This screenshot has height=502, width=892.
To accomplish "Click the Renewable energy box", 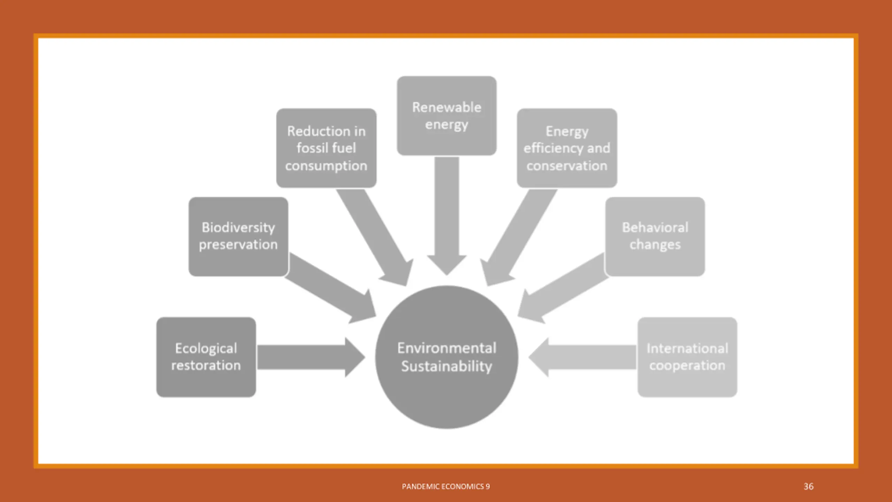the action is coord(446,115).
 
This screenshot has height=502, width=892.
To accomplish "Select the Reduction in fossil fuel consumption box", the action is coord(326,148).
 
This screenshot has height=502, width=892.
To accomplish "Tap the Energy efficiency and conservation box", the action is coord(567,148).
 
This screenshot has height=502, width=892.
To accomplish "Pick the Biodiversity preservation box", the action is coord(238,236).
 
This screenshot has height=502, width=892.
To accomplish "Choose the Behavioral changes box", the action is coord(655,236).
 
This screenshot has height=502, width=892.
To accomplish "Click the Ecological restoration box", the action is coord(206,357).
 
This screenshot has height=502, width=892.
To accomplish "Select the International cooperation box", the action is coord(687,357).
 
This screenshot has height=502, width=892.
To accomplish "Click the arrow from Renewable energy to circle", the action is coord(446,216).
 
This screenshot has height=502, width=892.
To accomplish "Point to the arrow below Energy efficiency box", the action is coord(519,237).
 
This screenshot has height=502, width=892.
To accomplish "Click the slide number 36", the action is coord(808,486).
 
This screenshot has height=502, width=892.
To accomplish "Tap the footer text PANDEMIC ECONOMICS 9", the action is coord(446,486).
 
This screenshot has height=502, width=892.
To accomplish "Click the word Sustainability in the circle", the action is coord(446,366).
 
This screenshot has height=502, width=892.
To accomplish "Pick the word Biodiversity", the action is coord(238,227).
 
